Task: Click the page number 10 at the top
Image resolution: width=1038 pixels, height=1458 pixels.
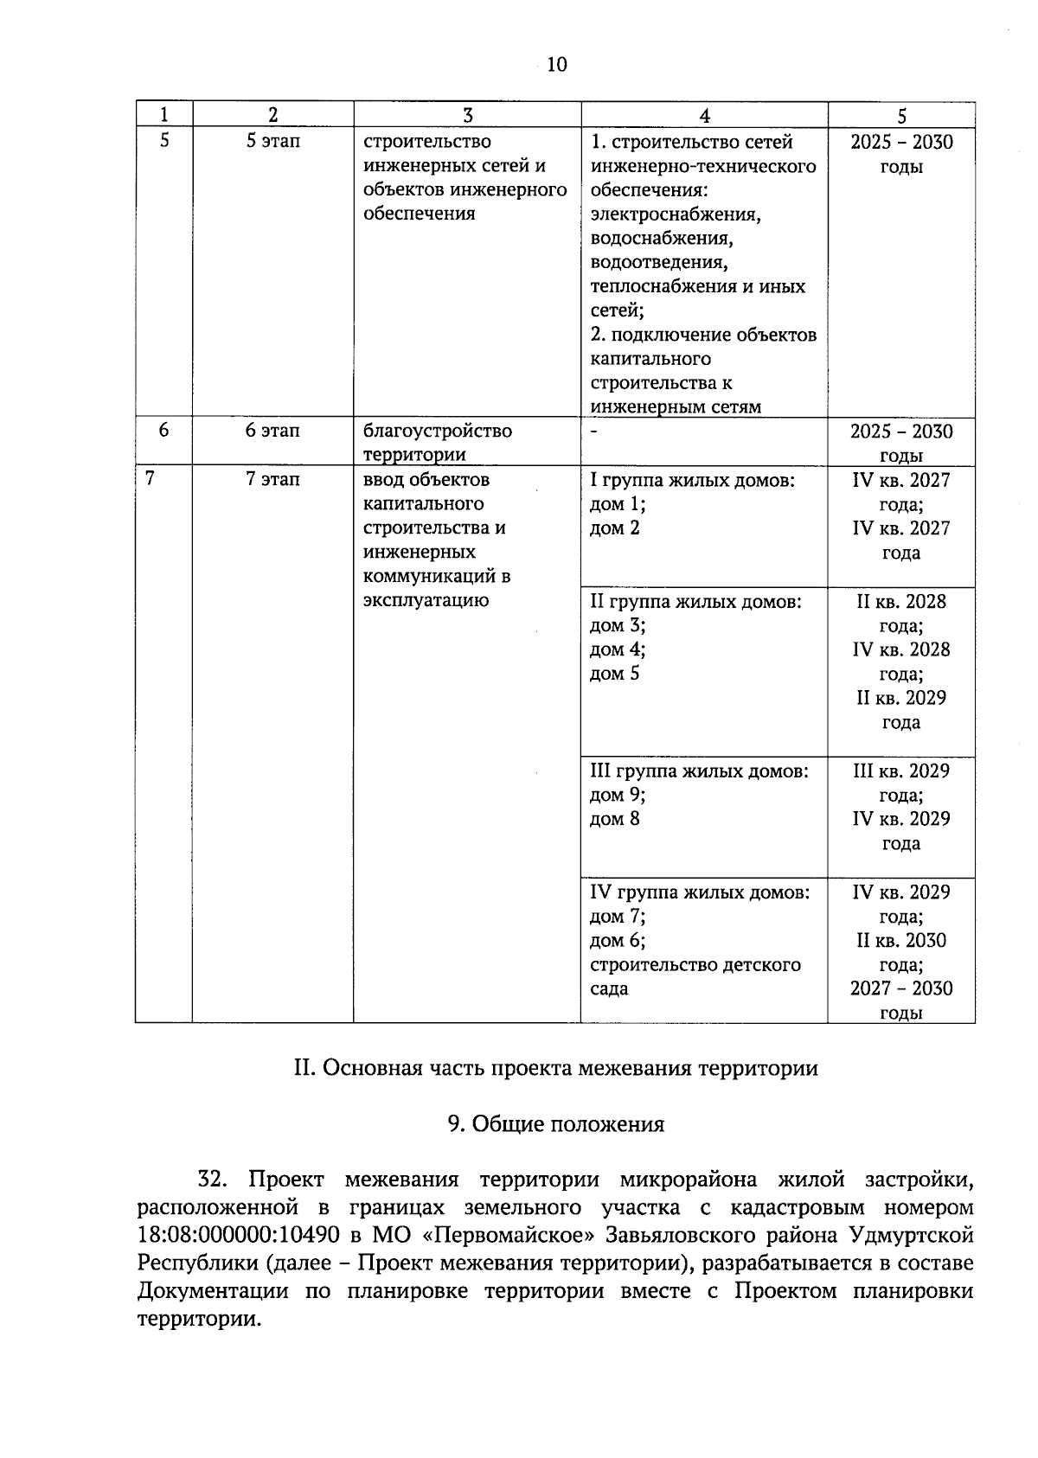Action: (557, 65)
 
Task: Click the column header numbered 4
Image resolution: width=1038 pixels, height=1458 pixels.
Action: (704, 115)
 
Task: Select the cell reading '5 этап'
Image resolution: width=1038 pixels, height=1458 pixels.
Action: (272, 142)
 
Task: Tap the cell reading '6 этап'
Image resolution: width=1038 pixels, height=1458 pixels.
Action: (272, 431)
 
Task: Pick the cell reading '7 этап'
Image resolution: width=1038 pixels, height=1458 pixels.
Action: (272, 479)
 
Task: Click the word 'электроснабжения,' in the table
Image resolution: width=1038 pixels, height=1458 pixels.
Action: (676, 214)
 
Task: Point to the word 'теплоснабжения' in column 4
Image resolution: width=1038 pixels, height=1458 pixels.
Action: (663, 286)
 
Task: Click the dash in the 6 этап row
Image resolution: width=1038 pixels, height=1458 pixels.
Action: (594, 429)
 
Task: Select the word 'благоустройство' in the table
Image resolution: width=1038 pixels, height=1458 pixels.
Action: (438, 431)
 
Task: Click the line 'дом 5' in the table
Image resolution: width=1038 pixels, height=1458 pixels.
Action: (614, 674)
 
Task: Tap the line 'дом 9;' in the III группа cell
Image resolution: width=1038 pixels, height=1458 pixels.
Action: (617, 795)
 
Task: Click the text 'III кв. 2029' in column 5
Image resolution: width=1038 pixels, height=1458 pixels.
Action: (901, 771)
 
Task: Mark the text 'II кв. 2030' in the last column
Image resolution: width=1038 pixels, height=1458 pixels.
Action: (901, 940)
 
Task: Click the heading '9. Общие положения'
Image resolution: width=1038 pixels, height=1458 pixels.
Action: (556, 1124)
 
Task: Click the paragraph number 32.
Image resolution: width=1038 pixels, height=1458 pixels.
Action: (213, 1180)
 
